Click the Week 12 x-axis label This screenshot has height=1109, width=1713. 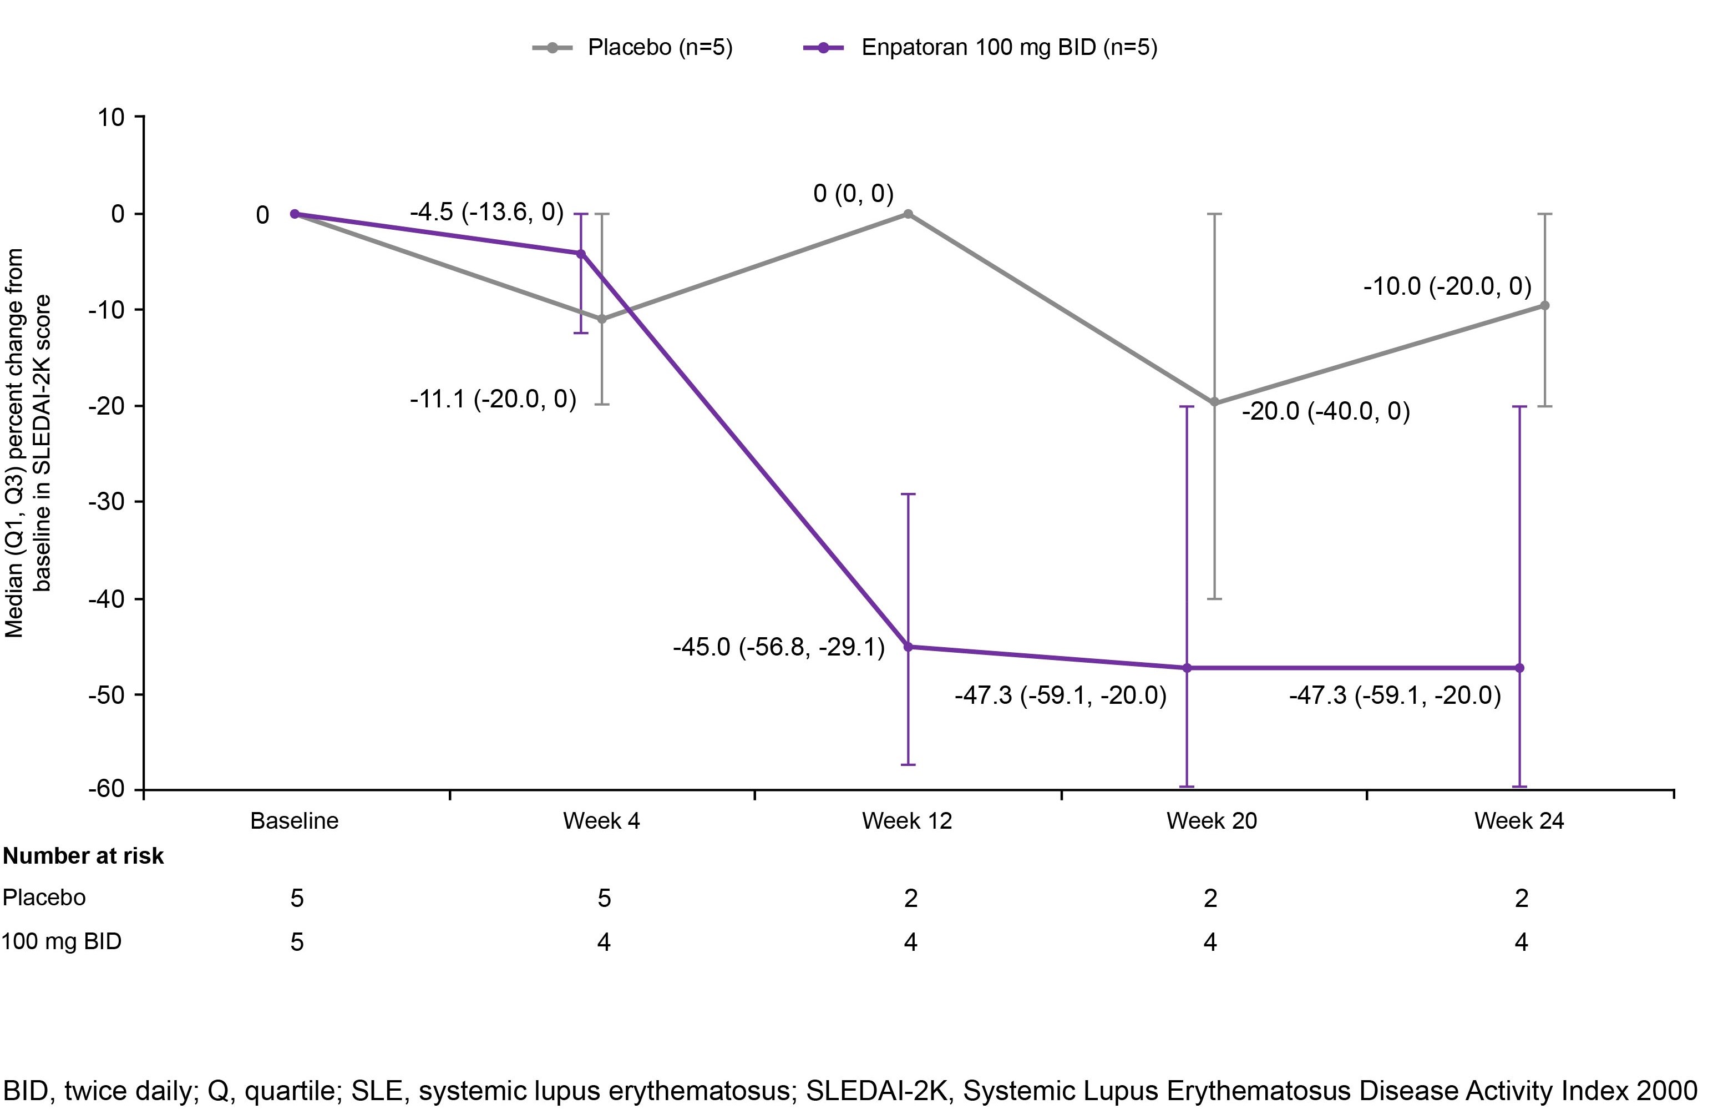tap(906, 821)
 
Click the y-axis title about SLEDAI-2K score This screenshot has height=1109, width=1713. tap(29, 443)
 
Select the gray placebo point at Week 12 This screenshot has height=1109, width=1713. tap(908, 214)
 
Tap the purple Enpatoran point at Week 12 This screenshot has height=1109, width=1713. tap(908, 647)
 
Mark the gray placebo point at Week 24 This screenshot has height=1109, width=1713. tap(1544, 305)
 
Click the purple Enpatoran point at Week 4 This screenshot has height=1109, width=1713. tap(581, 254)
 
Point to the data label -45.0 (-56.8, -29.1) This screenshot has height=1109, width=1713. tap(778, 647)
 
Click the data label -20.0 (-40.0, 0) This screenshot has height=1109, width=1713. tap(1325, 411)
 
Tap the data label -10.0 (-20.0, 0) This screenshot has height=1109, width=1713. tap(1447, 286)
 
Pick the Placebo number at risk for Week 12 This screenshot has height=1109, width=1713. tap(910, 898)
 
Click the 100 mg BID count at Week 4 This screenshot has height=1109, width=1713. tap(604, 942)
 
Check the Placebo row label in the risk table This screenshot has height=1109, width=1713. tap(44, 898)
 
